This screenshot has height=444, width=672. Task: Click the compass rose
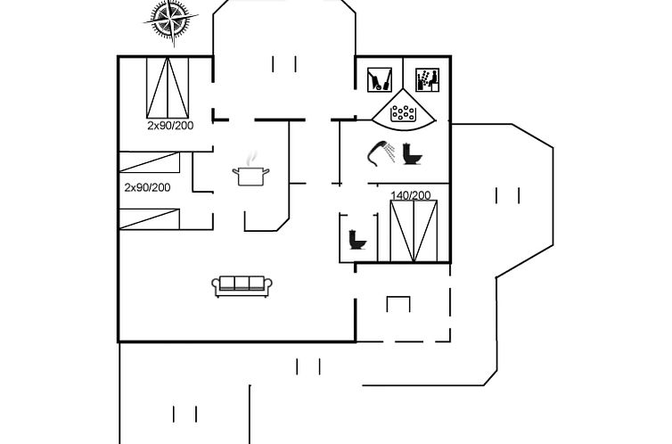171,20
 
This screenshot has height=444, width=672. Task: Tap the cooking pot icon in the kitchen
250,176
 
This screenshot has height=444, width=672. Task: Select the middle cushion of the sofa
242,283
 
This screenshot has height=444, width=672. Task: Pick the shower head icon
381,152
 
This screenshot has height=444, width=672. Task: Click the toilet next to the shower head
413,154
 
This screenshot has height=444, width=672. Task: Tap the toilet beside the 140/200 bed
357,240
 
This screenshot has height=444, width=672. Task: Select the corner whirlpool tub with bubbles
403,110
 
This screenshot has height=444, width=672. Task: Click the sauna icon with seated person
427,79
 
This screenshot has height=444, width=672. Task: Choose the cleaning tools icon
380,79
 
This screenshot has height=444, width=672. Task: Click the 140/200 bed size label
411,195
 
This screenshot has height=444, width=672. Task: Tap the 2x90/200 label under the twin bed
170,126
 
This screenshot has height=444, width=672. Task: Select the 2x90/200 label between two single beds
147,187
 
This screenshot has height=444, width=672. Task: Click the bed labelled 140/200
414,231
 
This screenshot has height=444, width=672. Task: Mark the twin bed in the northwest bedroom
168,87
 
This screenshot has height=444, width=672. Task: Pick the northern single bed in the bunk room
149,162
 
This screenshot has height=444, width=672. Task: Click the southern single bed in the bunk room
149,219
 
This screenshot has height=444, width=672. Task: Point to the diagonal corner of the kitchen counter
283,225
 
